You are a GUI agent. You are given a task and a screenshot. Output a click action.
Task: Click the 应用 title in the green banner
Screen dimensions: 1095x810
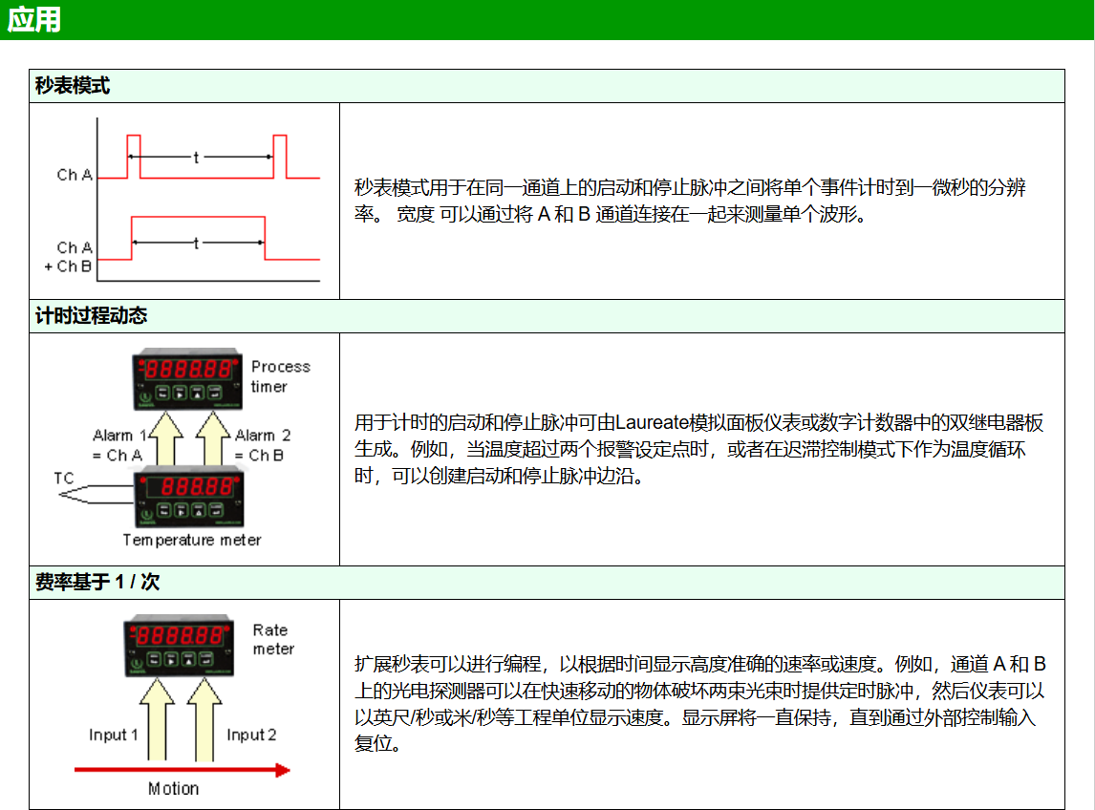tap(34, 19)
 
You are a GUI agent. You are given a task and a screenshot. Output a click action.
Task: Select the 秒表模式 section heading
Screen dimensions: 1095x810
tap(73, 86)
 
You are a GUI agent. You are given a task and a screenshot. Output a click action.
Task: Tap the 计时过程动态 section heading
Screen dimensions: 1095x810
tap(92, 315)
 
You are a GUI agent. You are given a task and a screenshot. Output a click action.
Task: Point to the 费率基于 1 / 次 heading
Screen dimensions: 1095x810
tap(97, 582)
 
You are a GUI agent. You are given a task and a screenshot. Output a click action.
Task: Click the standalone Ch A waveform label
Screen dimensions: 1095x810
tap(75, 175)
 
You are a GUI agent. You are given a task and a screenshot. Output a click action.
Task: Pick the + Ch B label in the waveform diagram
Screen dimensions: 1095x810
tap(68, 266)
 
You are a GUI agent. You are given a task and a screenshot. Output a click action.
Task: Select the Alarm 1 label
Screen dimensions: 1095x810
tap(119, 435)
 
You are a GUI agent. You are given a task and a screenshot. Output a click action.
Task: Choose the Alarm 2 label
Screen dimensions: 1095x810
tap(263, 435)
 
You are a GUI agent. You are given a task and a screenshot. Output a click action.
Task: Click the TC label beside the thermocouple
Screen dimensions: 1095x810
tap(64, 479)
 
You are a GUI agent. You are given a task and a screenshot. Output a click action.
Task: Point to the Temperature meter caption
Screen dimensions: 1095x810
tap(192, 540)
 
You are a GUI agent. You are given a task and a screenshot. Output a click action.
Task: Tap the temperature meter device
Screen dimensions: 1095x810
tap(188, 497)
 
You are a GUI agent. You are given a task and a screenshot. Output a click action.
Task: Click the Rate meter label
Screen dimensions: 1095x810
tap(273, 639)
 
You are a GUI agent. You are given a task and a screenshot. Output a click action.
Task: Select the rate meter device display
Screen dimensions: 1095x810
tap(180, 646)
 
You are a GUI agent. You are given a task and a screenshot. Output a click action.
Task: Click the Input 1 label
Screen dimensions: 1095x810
tap(113, 735)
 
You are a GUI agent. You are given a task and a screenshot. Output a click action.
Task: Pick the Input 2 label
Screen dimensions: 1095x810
tap(251, 735)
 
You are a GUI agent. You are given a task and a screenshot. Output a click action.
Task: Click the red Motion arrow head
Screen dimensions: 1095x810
tap(282, 770)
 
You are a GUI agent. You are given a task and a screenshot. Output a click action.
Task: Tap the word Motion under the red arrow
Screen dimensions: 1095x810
tap(173, 788)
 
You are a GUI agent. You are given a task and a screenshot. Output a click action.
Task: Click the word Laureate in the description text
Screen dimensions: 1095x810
tap(653, 422)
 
